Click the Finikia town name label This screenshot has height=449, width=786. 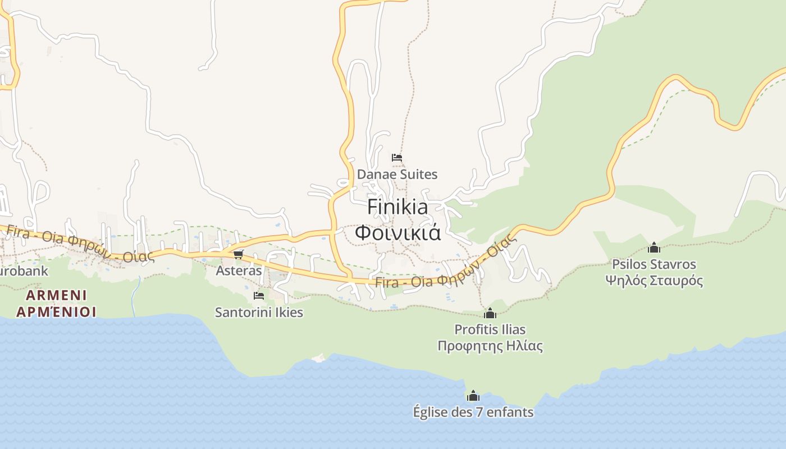click(397, 207)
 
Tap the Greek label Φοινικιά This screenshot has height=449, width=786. click(397, 232)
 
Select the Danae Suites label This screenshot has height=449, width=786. click(397, 175)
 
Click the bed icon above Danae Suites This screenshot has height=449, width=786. click(397, 158)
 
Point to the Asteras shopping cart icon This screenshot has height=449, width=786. click(239, 254)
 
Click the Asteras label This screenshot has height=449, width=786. click(239, 271)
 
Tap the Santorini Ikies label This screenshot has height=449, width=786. click(259, 313)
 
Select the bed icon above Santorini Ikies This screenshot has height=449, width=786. click(259, 295)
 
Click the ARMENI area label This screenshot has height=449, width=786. click(56, 295)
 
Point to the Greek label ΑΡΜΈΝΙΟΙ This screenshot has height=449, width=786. click(56, 311)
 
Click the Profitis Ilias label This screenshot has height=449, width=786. click(490, 329)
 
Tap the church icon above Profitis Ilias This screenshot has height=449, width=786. click(490, 313)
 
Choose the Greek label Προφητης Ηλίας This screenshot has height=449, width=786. click(490, 346)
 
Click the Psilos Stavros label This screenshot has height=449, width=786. click(654, 264)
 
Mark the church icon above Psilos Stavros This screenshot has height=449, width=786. click(654, 248)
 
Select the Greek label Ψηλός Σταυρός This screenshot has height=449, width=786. click(654, 280)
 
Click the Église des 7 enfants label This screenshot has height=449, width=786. click(473, 413)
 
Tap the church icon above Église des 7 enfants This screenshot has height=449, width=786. click(473, 396)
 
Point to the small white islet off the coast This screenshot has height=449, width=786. click(319, 358)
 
